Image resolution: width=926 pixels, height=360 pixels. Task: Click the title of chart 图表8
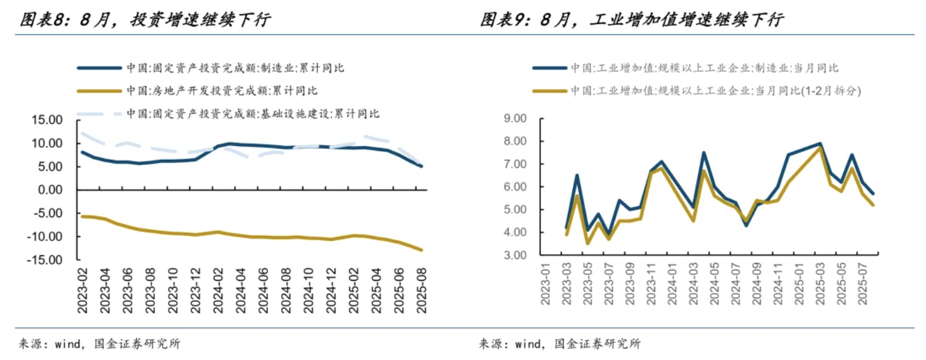point(145,20)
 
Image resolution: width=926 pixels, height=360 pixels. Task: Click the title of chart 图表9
point(632,20)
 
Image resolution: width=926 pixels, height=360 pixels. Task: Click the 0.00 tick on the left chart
point(51,190)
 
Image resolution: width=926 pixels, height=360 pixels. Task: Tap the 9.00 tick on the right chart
point(515,118)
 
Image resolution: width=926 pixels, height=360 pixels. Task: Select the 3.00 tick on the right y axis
point(515,256)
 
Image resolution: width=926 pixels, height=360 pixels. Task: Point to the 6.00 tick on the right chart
point(515,187)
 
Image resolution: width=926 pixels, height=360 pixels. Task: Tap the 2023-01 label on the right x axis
point(545,284)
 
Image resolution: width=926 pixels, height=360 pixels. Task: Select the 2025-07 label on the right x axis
point(864,284)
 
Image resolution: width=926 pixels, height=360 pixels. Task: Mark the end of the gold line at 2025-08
point(421,250)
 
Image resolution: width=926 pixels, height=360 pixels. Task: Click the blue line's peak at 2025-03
point(820,143)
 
